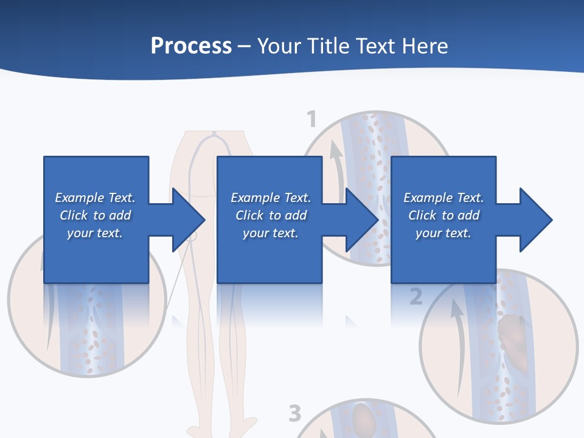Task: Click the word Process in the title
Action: tap(191, 46)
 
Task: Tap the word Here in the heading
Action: tap(425, 46)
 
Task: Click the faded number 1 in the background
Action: tap(311, 119)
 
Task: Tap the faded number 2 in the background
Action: tap(415, 297)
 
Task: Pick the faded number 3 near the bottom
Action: tap(295, 414)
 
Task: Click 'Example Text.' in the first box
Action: tap(95, 198)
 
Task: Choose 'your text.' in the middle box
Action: tap(270, 233)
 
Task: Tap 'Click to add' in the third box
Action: tap(443, 215)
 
